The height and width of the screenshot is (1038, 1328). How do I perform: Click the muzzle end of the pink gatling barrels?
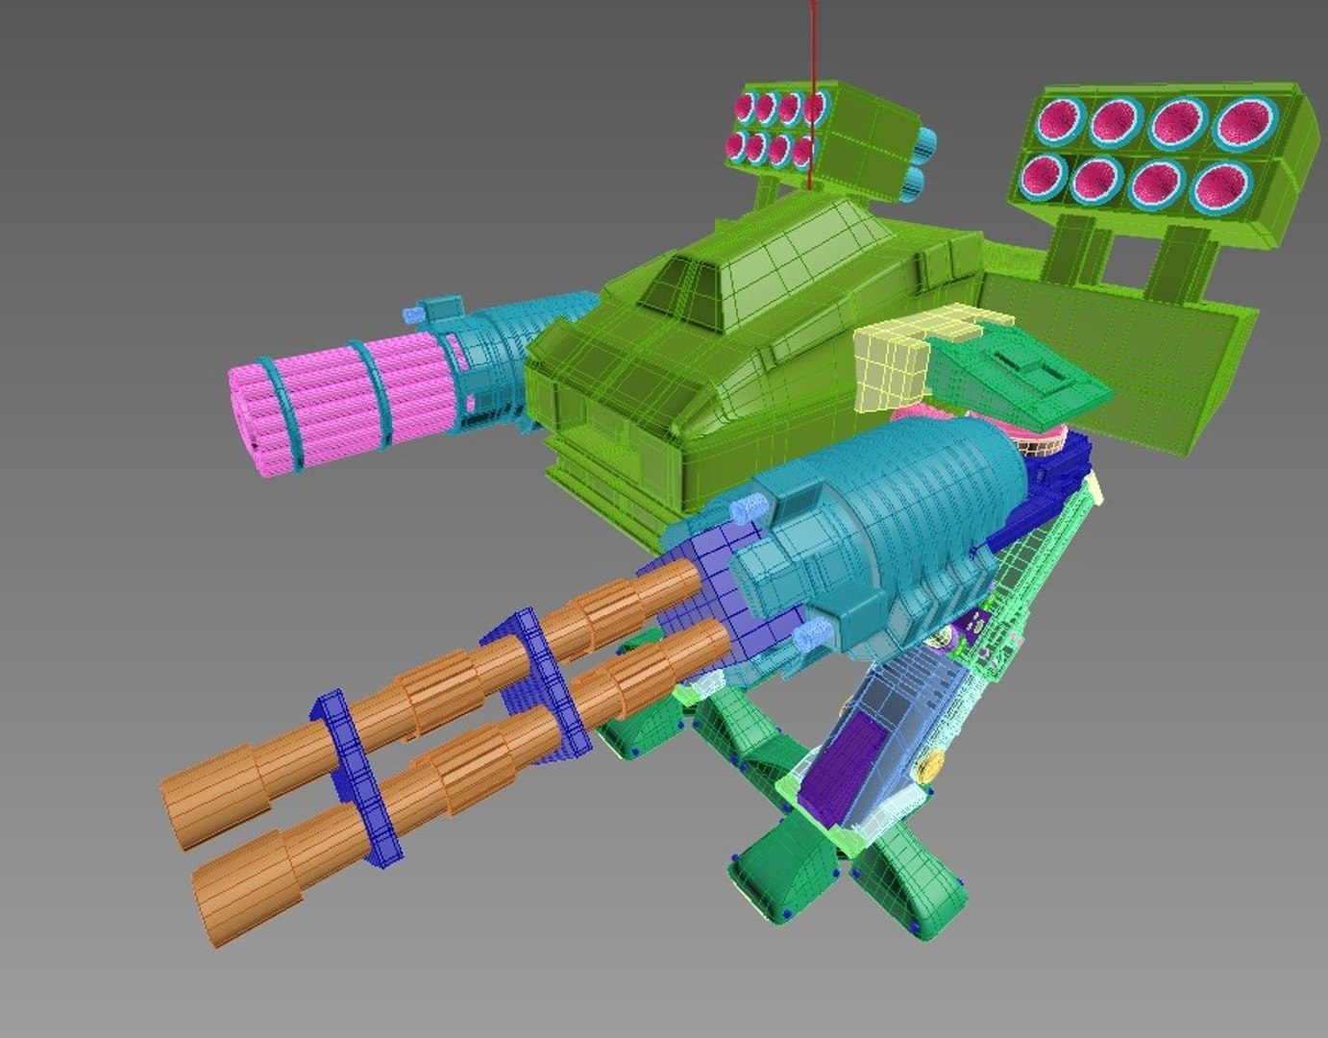(x=249, y=418)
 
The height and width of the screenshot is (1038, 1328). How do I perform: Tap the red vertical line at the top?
(x=813, y=58)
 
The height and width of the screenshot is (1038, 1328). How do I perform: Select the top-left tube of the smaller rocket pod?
(x=744, y=107)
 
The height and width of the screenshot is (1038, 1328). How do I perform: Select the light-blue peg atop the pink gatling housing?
(x=415, y=314)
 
